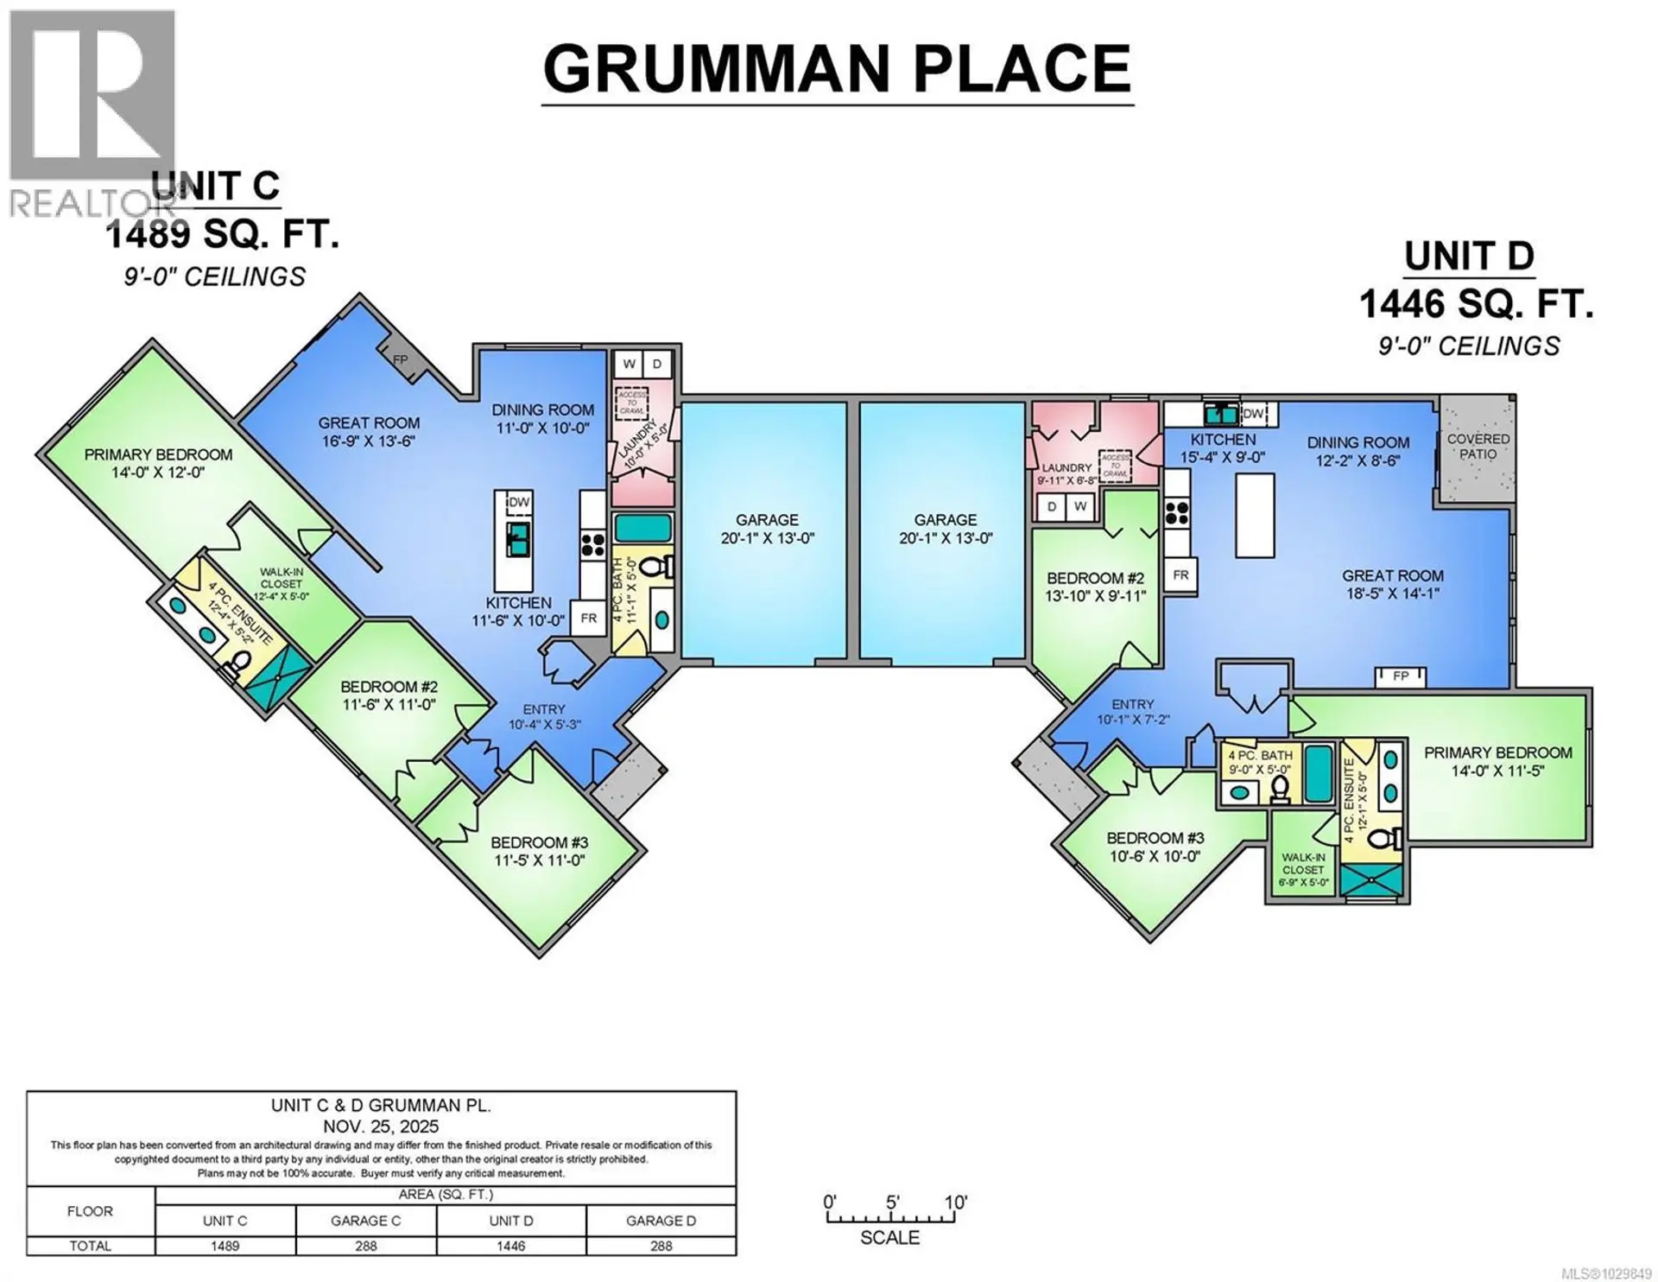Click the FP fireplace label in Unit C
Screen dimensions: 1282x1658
[x=401, y=359]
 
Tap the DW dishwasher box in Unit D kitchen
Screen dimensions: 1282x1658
[x=1253, y=414]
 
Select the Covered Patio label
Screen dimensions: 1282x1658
[x=1478, y=446]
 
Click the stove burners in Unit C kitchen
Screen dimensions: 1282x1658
[x=592, y=544]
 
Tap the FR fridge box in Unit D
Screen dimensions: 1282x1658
[x=1180, y=574]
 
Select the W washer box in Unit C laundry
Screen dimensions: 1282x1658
[x=628, y=364]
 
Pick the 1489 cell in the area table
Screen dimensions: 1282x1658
[x=225, y=1246]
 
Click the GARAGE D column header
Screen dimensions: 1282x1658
[x=661, y=1221]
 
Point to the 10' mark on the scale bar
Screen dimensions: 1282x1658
[x=955, y=1203]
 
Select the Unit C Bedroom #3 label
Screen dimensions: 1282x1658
[x=539, y=842]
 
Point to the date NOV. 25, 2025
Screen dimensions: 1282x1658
[x=381, y=1127]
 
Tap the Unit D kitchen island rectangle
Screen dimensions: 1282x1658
[x=1255, y=516]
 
